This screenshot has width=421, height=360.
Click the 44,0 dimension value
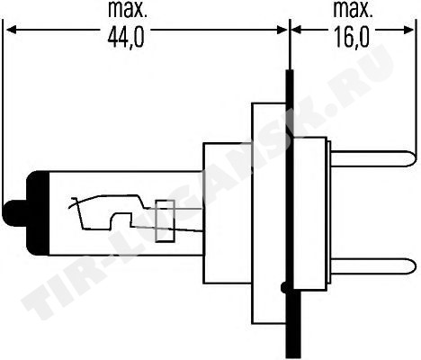(126, 38)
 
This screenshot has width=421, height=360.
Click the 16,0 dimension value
(351, 38)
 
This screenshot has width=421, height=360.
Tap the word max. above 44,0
(128, 10)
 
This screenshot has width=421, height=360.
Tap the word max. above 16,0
(353, 10)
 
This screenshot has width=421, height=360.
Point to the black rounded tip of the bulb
(13, 214)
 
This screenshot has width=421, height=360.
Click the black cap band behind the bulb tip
(38, 213)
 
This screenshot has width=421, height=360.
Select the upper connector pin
(373, 158)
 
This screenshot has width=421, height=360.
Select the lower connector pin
(373, 265)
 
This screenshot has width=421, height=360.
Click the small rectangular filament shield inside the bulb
(165, 220)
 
